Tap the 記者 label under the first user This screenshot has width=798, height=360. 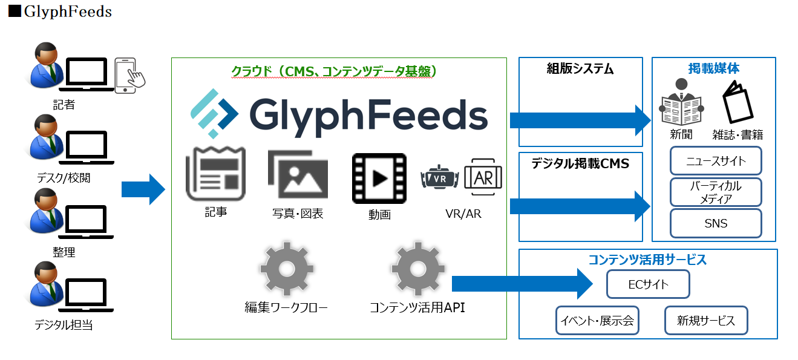pos(64,105)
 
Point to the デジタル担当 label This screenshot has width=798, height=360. pos(64,326)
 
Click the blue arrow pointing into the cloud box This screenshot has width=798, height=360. pos(143,189)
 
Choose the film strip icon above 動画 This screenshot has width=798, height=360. pos(379,178)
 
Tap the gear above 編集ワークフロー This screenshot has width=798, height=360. pos(286,269)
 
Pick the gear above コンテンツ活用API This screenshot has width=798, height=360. pos(417,269)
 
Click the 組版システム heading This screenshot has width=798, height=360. pos(580,69)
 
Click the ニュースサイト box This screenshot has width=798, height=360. pos(716,161)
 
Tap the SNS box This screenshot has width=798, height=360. pos(716,223)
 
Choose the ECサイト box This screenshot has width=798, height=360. pos(648,284)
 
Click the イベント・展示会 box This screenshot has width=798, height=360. pos(597,321)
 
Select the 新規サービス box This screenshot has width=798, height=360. pos(706,321)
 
